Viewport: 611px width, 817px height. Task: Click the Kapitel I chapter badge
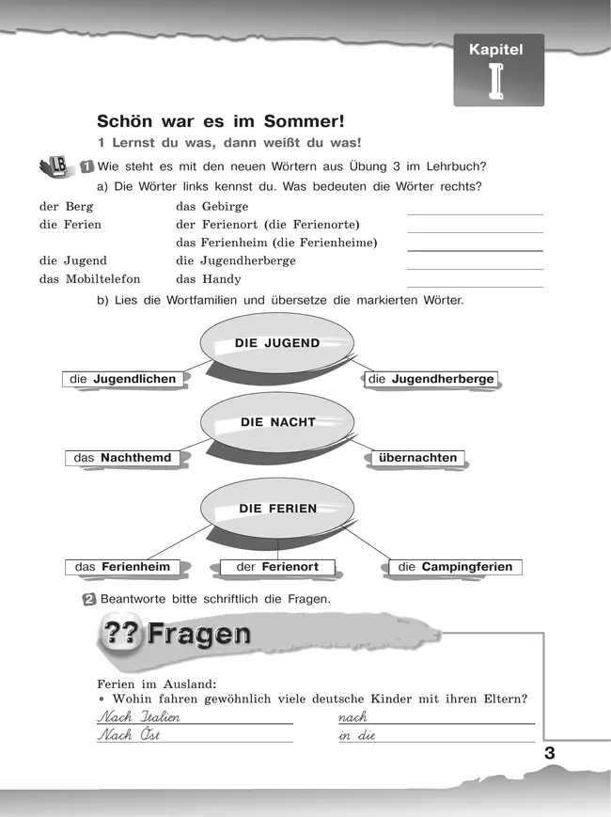coord(498,71)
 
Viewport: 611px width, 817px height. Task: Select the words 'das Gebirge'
coord(211,207)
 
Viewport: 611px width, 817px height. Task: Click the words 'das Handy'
coord(208,279)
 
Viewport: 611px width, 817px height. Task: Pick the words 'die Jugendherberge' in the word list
coord(235,260)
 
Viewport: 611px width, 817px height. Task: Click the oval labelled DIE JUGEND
coord(277,343)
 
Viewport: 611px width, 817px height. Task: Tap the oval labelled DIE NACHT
coord(277,422)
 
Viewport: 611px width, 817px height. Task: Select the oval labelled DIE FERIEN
coord(277,509)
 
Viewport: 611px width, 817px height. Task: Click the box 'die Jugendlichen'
coord(123,379)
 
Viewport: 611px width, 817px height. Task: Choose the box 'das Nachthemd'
coord(122,458)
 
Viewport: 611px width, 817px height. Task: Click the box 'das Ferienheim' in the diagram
coord(122,567)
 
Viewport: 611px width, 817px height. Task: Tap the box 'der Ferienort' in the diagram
coord(277,567)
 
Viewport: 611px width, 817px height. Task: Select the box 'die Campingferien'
coord(455,567)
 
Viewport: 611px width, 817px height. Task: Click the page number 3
coord(550,752)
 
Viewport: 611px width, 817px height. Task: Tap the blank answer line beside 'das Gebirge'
coord(475,212)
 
